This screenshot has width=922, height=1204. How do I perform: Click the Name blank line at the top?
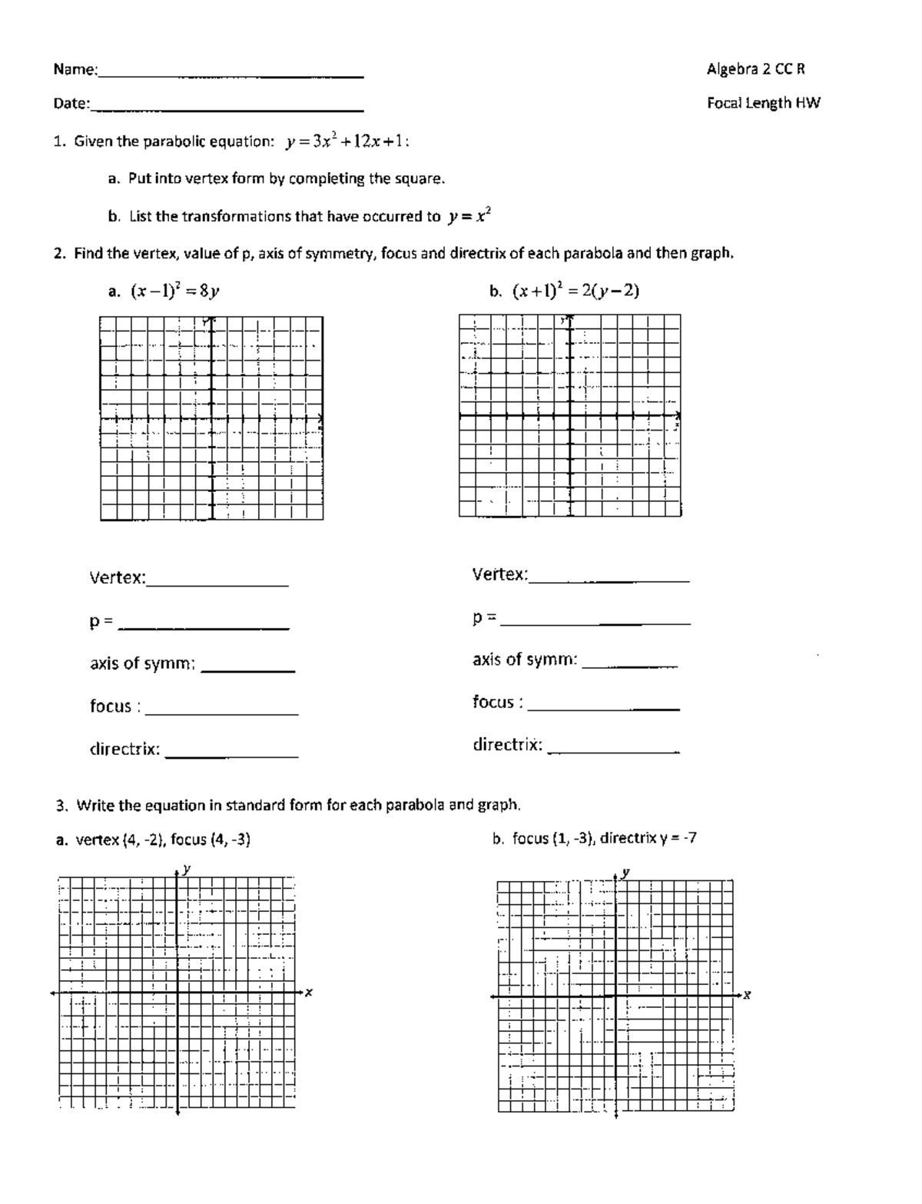coord(230,75)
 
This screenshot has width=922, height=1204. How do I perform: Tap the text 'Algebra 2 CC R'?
coord(755,69)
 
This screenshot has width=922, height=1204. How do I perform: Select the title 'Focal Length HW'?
coord(763,103)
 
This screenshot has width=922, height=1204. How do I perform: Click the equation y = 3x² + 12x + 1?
coord(347,141)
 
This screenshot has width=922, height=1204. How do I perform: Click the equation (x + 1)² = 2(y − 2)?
coord(575,291)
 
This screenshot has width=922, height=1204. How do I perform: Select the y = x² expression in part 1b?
coord(468,217)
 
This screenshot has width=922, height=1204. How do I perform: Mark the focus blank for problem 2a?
coord(221,711)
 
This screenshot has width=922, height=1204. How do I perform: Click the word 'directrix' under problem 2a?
coord(124,749)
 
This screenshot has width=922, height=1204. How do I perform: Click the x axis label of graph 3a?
coord(309,993)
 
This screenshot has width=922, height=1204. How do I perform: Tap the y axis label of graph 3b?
coord(626,873)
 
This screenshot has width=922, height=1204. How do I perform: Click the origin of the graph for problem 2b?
coord(570,415)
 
